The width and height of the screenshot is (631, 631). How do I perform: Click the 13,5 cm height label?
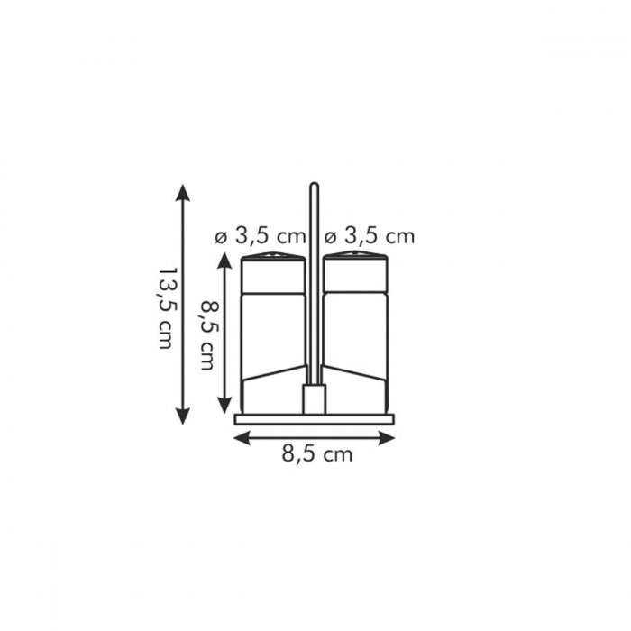point(165,307)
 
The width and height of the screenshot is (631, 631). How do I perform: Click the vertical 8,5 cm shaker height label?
point(206,335)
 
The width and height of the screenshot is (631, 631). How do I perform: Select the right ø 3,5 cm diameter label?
point(369,237)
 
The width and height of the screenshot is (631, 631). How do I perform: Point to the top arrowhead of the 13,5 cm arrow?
point(183,191)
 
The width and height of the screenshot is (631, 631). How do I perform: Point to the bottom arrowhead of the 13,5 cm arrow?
point(183,416)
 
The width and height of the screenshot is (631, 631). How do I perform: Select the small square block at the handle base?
point(314,398)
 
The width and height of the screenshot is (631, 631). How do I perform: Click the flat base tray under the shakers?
point(315,419)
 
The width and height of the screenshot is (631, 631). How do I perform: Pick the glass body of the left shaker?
point(273,343)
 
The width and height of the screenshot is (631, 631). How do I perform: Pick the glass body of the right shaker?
point(355,343)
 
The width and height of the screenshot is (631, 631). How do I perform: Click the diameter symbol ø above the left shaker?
point(220,238)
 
